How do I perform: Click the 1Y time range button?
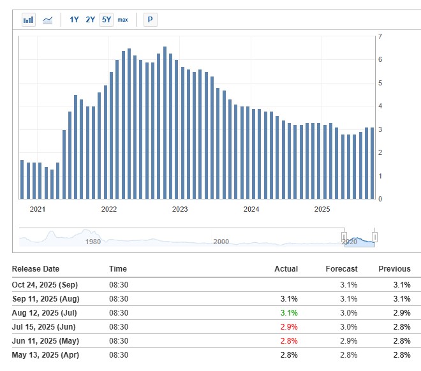(74, 20)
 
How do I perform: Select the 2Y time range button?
(90, 20)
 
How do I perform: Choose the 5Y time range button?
(106, 20)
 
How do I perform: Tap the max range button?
(122, 20)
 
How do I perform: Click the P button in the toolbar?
(150, 20)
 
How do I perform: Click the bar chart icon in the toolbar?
(29, 20)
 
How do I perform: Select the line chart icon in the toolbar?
(48, 20)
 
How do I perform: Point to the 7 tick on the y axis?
(380, 36)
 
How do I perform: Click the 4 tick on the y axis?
(380, 106)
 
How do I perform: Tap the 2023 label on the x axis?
(181, 209)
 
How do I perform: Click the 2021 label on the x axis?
(38, 209)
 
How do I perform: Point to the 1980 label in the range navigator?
(93, 242)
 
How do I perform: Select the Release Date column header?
(36, 269)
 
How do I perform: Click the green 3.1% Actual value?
(289, 313)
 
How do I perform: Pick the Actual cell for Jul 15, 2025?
(289, 327)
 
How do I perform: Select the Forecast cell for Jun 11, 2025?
(348, 341)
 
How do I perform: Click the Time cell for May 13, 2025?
(119, 355)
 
